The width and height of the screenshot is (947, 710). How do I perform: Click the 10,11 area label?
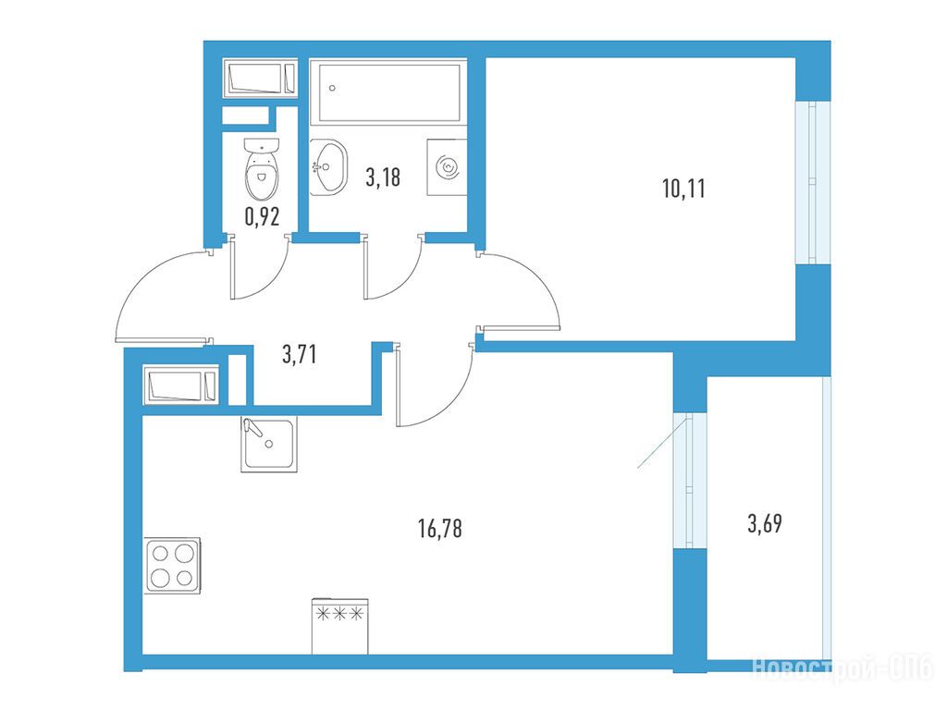683,189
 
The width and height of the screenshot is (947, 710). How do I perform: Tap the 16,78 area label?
439,529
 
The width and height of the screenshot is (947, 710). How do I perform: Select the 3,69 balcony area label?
765,523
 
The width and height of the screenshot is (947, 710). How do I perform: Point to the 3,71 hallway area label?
299,354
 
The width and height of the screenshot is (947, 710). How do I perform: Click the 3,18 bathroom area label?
383,177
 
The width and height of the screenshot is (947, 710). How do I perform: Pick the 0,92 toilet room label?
262,216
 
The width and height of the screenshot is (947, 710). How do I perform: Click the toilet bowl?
262,170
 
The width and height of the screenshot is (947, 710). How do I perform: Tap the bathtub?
388,91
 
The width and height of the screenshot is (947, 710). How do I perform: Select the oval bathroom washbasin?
328,167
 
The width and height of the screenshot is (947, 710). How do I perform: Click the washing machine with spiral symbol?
447,167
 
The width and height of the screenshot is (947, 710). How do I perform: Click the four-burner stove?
173,566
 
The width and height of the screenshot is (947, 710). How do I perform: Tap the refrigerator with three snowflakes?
340,626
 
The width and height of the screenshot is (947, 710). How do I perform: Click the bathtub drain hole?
332,88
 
